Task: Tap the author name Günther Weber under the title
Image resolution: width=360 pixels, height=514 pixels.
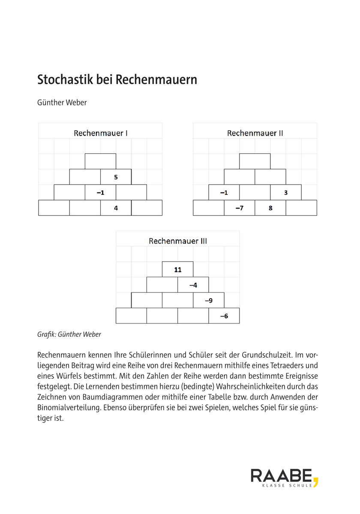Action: click(x=62, y=103)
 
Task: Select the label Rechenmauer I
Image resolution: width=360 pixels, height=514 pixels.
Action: click(x=100, y=133)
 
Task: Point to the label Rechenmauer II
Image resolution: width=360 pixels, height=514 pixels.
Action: click(x=255, y=133)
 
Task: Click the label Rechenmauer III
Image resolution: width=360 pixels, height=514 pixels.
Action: click(x=178, y=241)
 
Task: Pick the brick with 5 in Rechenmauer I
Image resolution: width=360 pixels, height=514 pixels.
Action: click(x=116, y=177)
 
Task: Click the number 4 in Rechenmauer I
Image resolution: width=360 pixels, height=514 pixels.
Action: click(x=116, y=208)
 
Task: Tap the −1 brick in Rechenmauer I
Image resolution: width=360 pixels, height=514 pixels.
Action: click(x=100, y=192)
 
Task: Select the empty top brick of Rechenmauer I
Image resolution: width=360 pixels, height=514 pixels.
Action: click(x=100, y=161)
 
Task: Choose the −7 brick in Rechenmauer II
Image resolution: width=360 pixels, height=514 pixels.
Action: click(x=240, y=208)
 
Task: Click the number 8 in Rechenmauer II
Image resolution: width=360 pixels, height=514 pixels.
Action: click(x=270, y=208)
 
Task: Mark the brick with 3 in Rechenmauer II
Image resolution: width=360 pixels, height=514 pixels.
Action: click(x=286, y=192)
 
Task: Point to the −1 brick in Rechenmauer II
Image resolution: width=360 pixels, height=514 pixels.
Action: click(x=224, y=192)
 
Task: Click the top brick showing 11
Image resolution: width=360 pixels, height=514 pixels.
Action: click(x=178, y=269)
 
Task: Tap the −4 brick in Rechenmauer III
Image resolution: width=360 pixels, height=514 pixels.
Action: click(x=193, y=285)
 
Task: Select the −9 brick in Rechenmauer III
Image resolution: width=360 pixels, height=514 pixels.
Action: click(x=209, y=300)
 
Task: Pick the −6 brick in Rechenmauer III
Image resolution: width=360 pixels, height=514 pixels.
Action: click(x=224, y=316)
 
